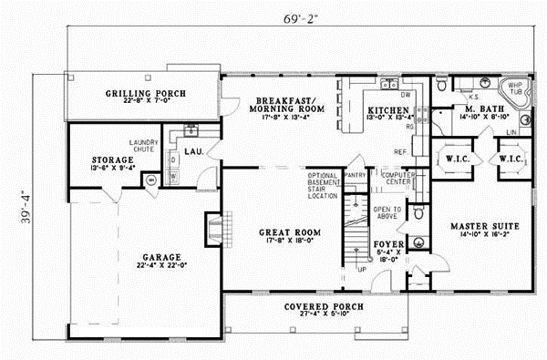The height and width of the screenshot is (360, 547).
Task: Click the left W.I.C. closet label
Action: click(x=455, y=157)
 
